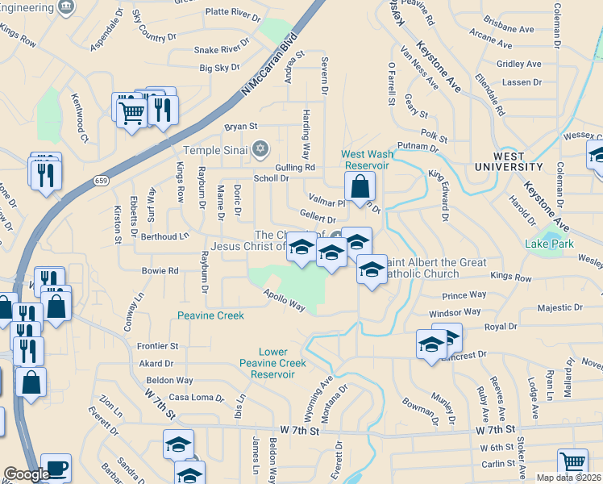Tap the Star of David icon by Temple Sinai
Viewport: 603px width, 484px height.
pyautogui.click(x=260, y=149)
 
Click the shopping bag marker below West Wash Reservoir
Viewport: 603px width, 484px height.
pyautogui.click(x=360, y=186)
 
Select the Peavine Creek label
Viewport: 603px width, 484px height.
pyautogui.click(x=210, y=315)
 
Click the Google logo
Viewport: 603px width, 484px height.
pyautogui.click(x=27, y=474)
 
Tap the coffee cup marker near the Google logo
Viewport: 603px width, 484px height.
pyautogui.click(x=56, y=467)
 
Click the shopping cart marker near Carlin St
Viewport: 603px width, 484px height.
pyautogui.click(x=572, y=462)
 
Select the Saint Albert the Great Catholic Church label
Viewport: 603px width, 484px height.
pyautogui.click(x=435, y=268)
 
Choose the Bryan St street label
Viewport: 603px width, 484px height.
pyautogui.click(x=240, y=127)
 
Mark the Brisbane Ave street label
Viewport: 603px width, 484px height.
pyautogui.click(x=509, y=29)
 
